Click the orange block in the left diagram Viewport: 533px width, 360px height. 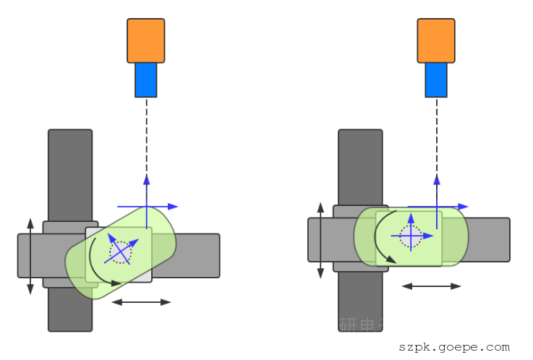145,40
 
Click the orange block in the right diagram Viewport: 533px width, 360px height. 435,40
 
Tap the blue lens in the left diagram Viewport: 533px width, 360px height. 145,80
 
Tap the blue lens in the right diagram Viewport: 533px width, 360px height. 435,80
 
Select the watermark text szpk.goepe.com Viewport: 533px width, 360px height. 454,347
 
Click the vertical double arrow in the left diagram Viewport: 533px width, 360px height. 30,256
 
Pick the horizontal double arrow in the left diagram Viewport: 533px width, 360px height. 141,302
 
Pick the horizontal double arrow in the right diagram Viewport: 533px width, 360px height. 431,286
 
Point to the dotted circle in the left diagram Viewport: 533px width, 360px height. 121,252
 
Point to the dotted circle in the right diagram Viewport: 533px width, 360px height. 411,236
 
